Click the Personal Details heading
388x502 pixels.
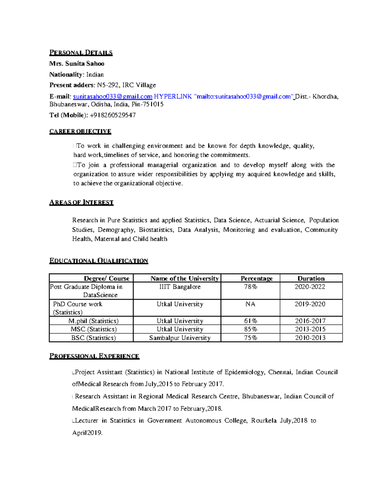point(81,53)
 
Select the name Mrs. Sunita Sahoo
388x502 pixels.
point(77,64)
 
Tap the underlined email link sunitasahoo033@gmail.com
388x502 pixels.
point(113,97)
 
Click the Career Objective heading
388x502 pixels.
point(80,131)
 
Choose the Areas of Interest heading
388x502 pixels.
point(81,203)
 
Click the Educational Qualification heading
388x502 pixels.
point(99,261)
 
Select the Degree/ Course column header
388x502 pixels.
point(106,278)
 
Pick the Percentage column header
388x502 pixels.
point(256,278)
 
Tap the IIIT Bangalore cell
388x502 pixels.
point(180,287)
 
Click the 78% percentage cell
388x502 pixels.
point(250,287)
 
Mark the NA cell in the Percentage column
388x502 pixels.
point(250,304)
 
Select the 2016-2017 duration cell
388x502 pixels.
point(310,321)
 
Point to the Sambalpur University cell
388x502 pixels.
point(180,338)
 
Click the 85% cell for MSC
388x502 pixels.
point(250,329)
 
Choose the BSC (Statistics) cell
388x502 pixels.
point(93,338)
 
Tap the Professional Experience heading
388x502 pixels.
point(94,356)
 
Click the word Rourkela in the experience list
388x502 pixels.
point(264,421)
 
